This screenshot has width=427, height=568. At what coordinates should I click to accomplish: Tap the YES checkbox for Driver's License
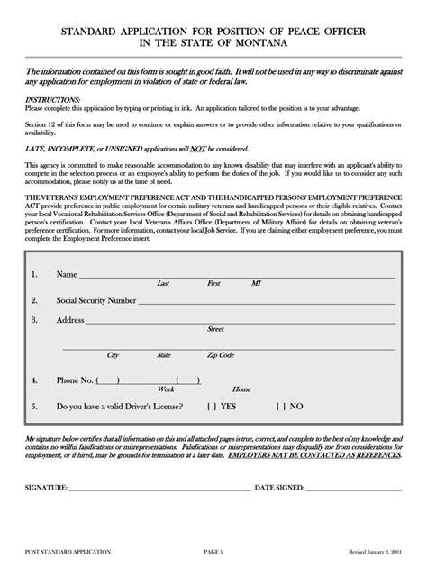212,407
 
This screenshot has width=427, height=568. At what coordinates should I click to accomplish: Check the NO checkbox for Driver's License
280,407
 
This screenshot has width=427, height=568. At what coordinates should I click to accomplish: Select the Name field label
67,274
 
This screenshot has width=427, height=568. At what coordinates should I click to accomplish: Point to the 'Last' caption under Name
163,283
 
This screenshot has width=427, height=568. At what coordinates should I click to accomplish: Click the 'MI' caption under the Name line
257,283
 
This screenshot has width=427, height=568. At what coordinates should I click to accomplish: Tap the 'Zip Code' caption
220,355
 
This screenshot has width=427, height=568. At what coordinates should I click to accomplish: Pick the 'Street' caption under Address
216,329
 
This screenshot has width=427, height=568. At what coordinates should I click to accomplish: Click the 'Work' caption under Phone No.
166,389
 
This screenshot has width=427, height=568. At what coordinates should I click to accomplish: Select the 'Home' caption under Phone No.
241,389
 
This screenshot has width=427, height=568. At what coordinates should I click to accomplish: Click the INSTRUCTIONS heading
52,99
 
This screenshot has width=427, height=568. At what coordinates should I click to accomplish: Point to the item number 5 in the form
33,407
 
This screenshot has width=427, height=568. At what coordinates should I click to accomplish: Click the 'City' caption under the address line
114,355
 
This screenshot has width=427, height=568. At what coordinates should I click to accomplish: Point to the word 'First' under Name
213,283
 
